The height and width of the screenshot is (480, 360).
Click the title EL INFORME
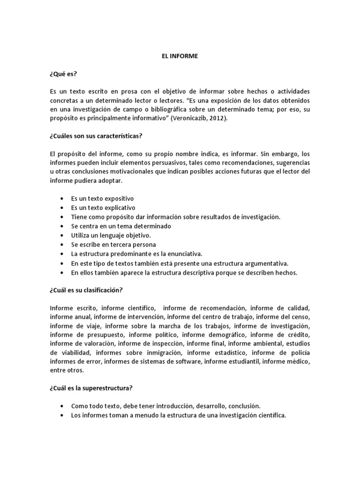click(x=180, y=56)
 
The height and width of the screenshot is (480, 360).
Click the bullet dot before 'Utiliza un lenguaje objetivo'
click(x=62, y=235)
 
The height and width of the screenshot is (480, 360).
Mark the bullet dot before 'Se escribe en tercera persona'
click(x=62, y=245)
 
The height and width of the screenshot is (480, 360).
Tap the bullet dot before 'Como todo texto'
click(x=62, y=406)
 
